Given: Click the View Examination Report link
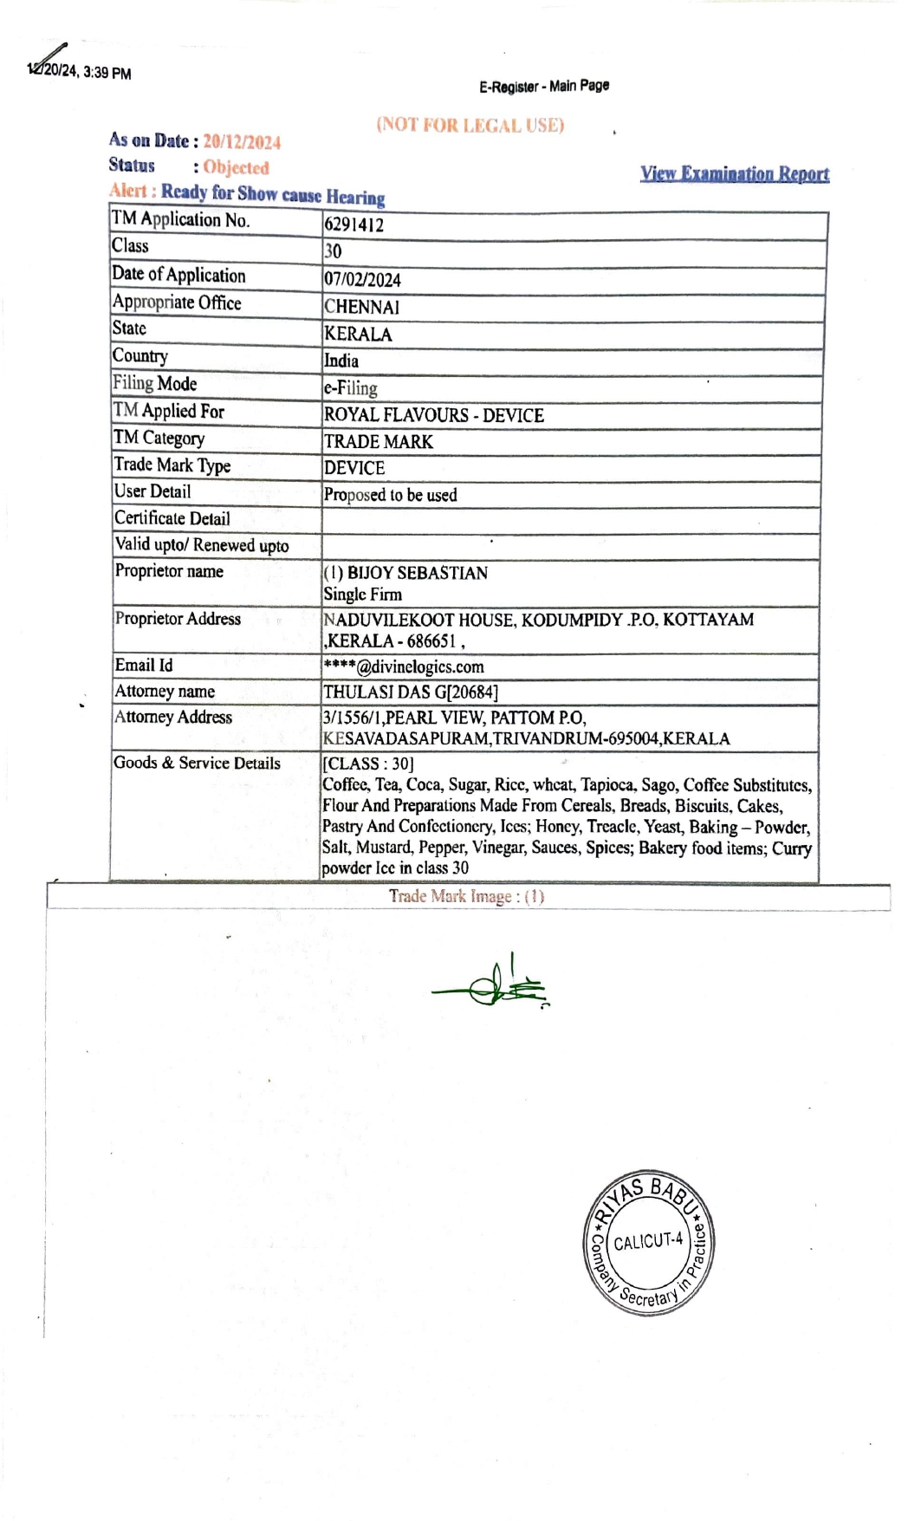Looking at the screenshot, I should (x=734, y=174).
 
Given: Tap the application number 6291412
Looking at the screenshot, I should (x=353, y=225).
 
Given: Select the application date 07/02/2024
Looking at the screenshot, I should (x=362, y=280).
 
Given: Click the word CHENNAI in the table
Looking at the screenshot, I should (x=361, y=307).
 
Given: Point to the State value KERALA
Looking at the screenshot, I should (x=358, y=335).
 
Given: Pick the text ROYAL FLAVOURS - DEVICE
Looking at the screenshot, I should (x=433, y=415).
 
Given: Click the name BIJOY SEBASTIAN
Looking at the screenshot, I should (x=417, y=573).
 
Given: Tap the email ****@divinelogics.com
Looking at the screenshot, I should (x=403, y=666).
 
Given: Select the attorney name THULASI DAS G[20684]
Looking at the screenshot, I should (x=410, y=692).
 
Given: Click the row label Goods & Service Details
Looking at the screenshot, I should (x=197, y=763).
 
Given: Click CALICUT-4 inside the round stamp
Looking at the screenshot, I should (x=648, y=1241).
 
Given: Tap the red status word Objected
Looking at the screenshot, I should (x=236, y=167).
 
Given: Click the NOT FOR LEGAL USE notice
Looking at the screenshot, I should (x=470, y=125).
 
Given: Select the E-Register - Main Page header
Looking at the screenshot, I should (x=544, y=86).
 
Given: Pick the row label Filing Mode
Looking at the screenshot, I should (x=154, y=383).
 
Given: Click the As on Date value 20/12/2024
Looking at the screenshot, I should (x=242, y=142).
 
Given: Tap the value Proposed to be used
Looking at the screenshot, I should (x=390, y=495).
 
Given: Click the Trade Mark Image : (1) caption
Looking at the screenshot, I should (x=466, y=896).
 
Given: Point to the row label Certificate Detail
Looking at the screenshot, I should (x=172, y=518).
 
